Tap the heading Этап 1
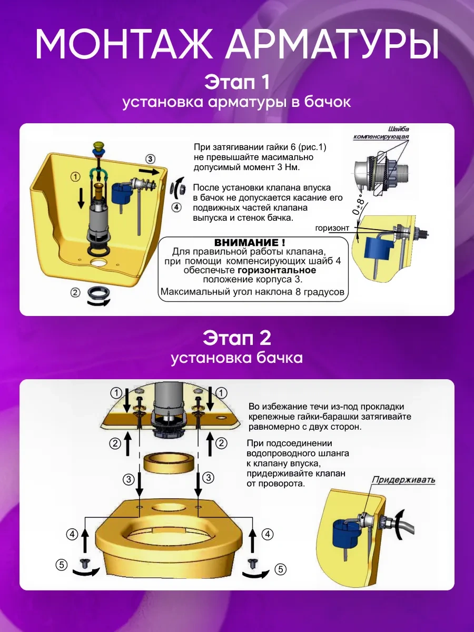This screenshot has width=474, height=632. pyautogui.click(x=236, y=82)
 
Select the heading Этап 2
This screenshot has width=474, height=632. pyautogui.click(x=236, y=338)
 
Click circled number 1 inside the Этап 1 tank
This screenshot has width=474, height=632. pyautogui.click(x=76, y=177)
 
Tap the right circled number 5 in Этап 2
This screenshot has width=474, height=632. pyautogui.click(x=281, y=569)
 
